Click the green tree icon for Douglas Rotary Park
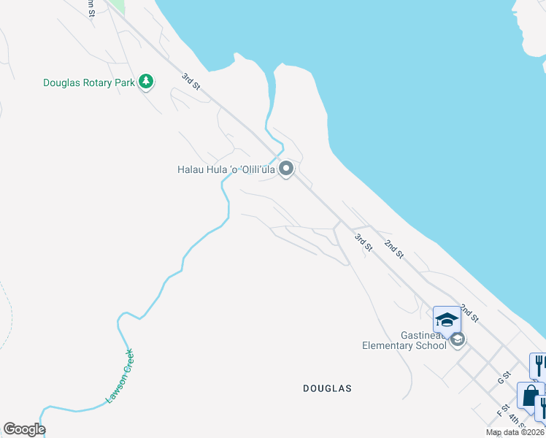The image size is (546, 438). pyautogui.click(x=147, y=82)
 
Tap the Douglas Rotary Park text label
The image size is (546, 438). pyautogui.click(x=88, y=82)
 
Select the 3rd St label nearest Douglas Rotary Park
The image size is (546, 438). pyautogui.click(x=191, y=82)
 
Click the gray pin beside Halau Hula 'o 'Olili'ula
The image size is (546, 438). pyautogui.click(x=287, y=169)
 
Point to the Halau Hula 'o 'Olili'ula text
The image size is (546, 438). pyautogui.click(x=226, y=169)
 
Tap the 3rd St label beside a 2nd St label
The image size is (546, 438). pyautogui.click(x=363, y=242)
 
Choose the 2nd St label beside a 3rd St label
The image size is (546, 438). pyautogui.click(x=394, y=248)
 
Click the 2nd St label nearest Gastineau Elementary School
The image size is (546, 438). pyautogui.click(x=469, y=314)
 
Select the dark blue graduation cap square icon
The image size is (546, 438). pyautogui.click(x=447, y=319)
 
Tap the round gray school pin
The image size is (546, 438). pyautogui.click(x=458, y=339)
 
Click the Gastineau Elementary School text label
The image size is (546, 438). pyautogui.click(x=404, y=339)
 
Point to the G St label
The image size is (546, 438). pyautogui.click(x=501, y=377)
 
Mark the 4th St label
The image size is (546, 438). pyautogui.click(x=518, y=420)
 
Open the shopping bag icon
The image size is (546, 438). pyautogui.click(x=529, y=396)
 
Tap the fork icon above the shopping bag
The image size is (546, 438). pyautogui.click(x=539, y=364)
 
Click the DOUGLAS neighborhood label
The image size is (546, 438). pyautogui.click(x=327, y=388)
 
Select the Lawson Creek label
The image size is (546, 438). pyautogui.click(x=120, y=377)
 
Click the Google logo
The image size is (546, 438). pyautogui.click(x=24, y=429)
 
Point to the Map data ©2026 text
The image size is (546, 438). pyautogui.click(x=514, y=432)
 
